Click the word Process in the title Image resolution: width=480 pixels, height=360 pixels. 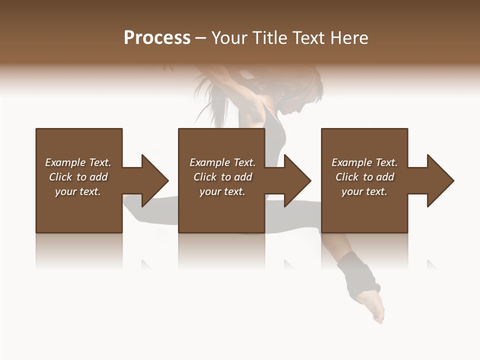point(157,38)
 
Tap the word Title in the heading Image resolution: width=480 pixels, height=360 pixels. point(269,38)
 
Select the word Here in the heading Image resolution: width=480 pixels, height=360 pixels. point(348,38)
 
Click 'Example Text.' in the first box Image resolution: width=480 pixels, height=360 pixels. point(78,162)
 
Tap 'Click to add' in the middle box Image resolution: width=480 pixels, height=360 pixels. point(222,177)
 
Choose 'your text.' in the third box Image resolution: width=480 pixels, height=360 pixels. point(364,191)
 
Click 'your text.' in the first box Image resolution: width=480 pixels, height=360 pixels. point(78,191)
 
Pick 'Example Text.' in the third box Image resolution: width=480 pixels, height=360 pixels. point(364,162)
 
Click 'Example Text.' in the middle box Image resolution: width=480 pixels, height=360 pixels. point(222,162)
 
